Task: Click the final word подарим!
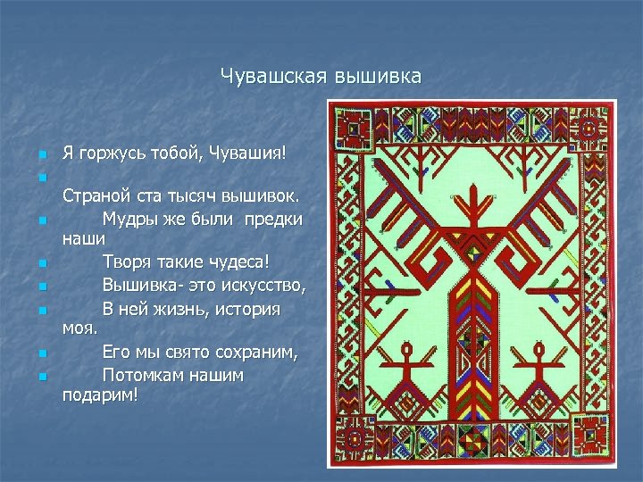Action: tap(101, 396)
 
